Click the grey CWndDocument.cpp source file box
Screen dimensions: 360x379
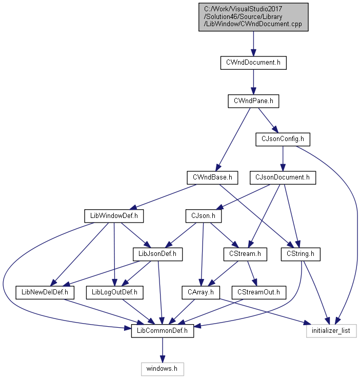click(x=253, y=17)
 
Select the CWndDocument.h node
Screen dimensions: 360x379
click(x=253, y=63)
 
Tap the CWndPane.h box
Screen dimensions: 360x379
click(x=253, y=101)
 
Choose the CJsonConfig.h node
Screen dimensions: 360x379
click(x=283, y=139)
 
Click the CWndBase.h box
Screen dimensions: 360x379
click(x=212, y=177)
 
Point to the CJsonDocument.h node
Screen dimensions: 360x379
click(x=283, y=177)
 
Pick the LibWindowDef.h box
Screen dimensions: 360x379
click(x=114, y=216)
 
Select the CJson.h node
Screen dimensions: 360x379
click(x=203, y=216)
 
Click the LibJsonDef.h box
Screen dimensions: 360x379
click(x=157, y=254)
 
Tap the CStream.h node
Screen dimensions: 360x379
click(x=245, y=254)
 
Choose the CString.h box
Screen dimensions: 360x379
click(x=301, y=254)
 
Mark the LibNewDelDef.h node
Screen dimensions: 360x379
click(x=45, y=292)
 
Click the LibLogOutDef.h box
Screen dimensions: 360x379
click(x=114, y=292)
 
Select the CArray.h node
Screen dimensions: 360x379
click(x=201, y=292)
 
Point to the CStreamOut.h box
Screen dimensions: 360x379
click(x=258, y=292)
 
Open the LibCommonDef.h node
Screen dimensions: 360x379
click(x=163, y=331)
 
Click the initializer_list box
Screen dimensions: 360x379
click(x=331, y=331)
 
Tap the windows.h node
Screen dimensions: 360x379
click(x=162, y=369)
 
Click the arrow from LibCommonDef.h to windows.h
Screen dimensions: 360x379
click(x=163, y=350)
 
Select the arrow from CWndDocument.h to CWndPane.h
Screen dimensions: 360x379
click(x=253, y=82)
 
